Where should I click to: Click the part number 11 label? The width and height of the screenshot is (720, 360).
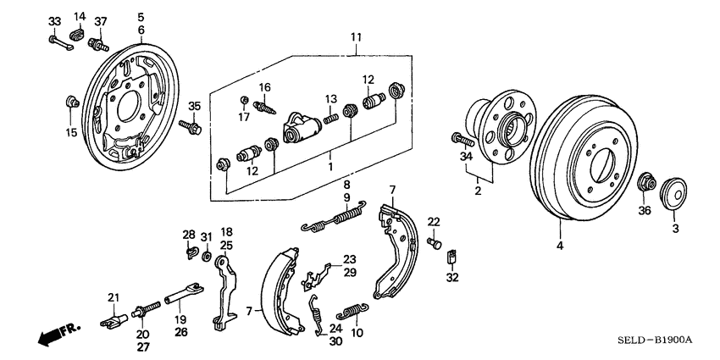point(356,38)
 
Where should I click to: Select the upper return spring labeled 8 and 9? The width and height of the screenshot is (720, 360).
point(334,220)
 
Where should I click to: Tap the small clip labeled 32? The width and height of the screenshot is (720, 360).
point(451,255)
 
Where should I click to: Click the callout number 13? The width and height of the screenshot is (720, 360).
point(331,98)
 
